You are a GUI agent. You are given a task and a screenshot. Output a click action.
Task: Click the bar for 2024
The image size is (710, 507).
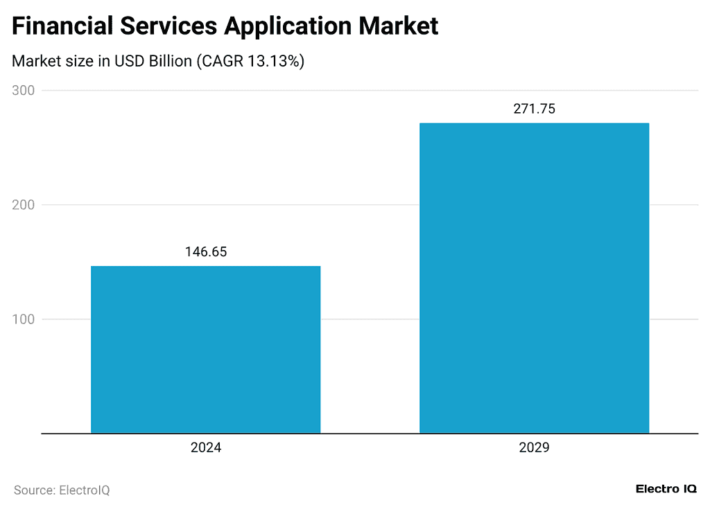(x=206, y=350)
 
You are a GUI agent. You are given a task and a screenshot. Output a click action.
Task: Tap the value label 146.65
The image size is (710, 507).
(x=206, y=252)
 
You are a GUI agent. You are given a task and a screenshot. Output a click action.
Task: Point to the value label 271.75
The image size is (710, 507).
(x=534, y=109)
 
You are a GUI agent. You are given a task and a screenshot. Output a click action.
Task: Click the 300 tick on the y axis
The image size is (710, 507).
(x=24, y=91)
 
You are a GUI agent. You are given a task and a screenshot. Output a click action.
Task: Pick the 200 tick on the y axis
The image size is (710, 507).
(x=24, y=205)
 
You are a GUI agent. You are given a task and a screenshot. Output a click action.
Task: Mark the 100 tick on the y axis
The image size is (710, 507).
(x=24, y=319)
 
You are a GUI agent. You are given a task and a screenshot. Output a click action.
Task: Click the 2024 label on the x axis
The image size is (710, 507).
(x=206, y=448)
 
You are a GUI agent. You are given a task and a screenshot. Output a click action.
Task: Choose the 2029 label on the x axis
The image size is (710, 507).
(x=534, y=448)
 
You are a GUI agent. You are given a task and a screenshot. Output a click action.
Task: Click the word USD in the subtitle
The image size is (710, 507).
(x=127, y=61)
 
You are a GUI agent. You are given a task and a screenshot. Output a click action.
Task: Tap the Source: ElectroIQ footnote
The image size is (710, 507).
(x=62, y=490)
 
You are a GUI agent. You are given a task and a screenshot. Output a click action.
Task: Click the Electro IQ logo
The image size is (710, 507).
(x=666, y=489)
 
